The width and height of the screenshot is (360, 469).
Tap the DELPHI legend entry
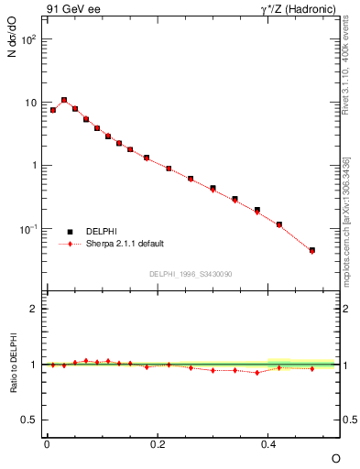click(x=101, y=232)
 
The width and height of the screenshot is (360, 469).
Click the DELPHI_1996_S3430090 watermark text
click(x=191, y=274)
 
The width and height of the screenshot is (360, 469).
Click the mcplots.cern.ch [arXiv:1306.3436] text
click(x=345, y=220)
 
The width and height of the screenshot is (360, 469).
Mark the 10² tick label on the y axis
click(x=29, y=40)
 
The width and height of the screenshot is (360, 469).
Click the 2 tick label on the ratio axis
click(x=34, y=309)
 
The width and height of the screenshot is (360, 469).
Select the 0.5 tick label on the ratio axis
click(x=30, y=420)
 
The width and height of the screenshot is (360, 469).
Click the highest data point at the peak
click(x=64, y=100)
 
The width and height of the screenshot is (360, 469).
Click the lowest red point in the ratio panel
click(x=257, y=373)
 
